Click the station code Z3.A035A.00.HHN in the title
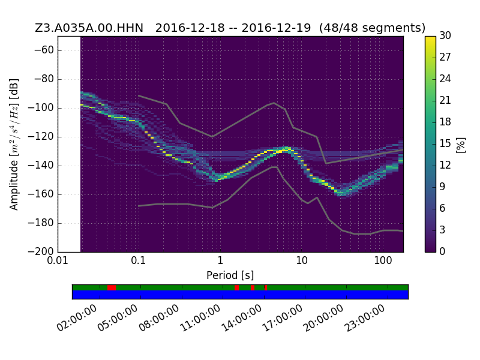click(89, 28)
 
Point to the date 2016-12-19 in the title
click(276, 28)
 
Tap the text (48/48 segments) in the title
click(372, 28)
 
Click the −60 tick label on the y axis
click(44, 50)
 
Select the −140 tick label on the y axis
click(41, 166)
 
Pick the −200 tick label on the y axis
click(41, 251)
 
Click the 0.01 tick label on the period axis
click(58, 260)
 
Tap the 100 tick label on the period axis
click(383, 260)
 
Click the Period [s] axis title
click(230, 275)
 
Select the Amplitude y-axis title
click(14, 145)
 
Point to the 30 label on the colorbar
click(445, 35)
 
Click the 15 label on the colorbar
click(445, 143)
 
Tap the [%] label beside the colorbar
click(461, 145)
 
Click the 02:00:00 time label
click(77, 319)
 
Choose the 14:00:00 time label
click(241, 319)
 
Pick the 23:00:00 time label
click(365, 319)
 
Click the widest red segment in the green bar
click(112, 288)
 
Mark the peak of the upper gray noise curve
click(274, 103)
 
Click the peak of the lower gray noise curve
click(275, 167)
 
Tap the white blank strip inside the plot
click(70, 144)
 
